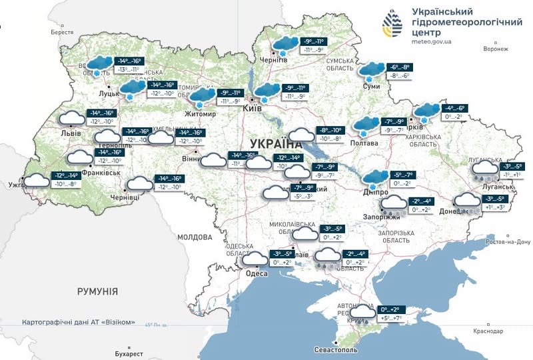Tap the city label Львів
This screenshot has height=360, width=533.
click(71, 133)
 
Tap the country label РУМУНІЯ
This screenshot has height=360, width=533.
click(97, 291)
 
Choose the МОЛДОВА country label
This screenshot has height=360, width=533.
click(195, 237)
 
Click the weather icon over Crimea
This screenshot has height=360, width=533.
click(363, 313)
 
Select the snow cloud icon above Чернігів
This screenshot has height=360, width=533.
click(284, 45)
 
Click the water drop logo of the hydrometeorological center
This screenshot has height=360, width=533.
click(392, 25)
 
